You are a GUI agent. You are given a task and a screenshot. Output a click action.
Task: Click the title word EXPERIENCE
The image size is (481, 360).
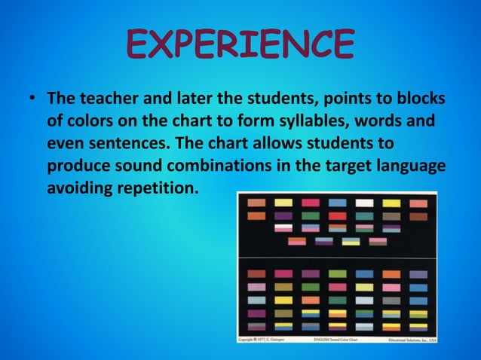[x=240, y=44]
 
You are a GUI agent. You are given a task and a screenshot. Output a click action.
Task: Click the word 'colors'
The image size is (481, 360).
[x=90, y=121]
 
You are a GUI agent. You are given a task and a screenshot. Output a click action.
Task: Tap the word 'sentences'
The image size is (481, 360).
[x=114, y=143]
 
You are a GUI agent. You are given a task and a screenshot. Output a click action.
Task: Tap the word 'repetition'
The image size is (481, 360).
[x=159, y=186]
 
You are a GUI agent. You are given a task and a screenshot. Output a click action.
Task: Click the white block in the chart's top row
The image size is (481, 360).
[x=365, y=203]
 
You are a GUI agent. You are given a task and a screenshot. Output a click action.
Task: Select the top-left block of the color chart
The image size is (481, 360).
[x=257, y=203]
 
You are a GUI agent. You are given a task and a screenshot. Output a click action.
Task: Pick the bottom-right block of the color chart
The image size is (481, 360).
[x=418, y=327]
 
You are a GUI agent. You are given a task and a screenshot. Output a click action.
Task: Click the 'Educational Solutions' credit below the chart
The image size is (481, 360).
[x=406, y=339]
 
